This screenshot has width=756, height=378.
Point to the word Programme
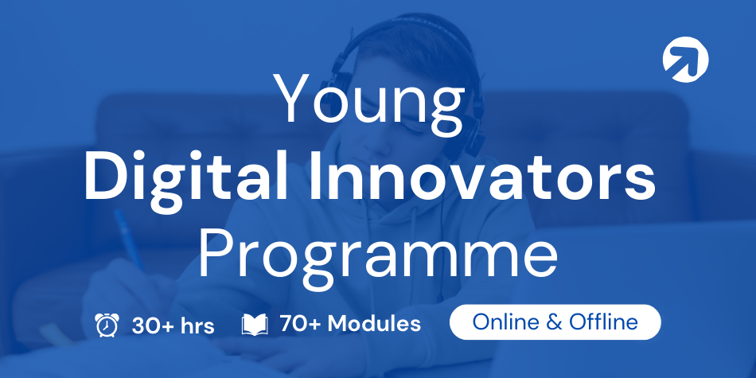tap(378, 257)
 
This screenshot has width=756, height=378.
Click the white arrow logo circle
tap(686, 60)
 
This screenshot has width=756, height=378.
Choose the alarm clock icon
tap(107, 325)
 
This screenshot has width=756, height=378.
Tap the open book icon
tap(254, 325)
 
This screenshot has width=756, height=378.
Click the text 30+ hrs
tap(173, 326)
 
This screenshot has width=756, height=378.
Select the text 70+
tap(300, 324)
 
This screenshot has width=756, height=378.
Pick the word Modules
tap(374, 324)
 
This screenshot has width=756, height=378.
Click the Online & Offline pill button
tap(555, 321)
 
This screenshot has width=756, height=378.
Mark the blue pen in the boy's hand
tap(129, 240)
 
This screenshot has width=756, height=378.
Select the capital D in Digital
tap(104, 176)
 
